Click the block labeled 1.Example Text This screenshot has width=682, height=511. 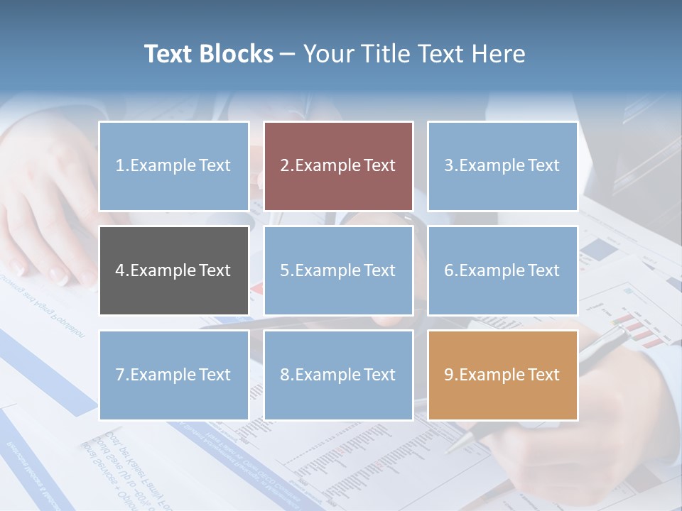click(x=174, y=166)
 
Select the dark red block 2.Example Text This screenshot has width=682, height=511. click(x=338, y=166)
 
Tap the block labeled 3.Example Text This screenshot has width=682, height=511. click(x=502, y=166)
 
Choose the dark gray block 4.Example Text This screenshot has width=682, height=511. click(x=174, y=270)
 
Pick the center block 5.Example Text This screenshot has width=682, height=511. click(x=338, y=270)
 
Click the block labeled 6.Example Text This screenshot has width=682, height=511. click(x=502, y=270)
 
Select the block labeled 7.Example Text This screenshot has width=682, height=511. click(x=174, y=375)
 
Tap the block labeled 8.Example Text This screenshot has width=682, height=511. click(x=338, y=375)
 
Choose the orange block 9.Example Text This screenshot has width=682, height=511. click(x=502, y=375)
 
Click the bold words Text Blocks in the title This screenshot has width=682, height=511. click(x=209, y=54)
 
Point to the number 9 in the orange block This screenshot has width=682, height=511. click(x=449, y=375)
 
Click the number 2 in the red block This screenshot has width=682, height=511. click(x=284, y=166)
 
